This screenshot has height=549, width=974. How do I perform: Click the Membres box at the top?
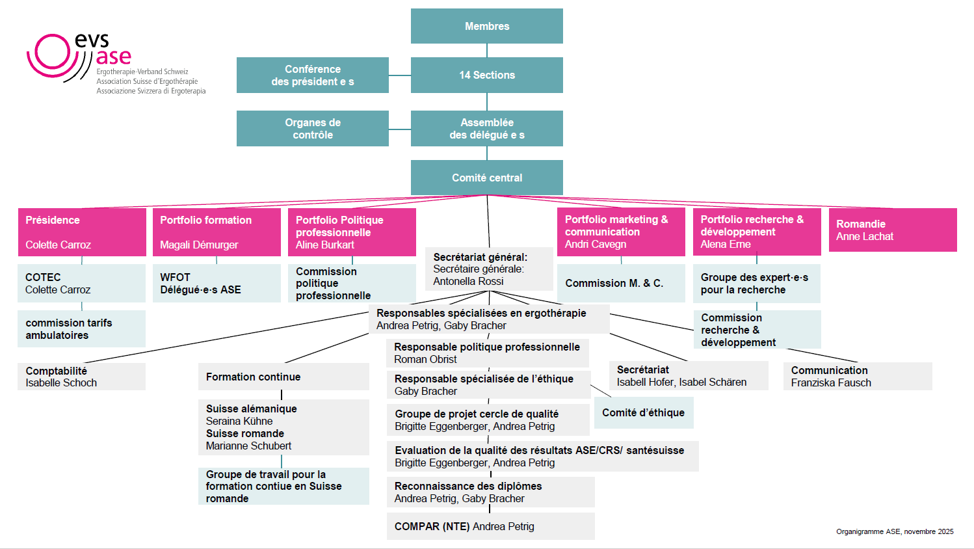click(x=486, y=26)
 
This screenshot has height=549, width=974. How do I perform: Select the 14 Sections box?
click(x=486, y=75)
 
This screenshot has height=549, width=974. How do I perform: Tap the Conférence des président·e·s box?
click(x=313, y=75)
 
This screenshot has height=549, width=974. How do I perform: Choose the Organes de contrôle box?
click(x=313, y=129)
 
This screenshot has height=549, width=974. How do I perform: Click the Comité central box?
click(x=486, y=178)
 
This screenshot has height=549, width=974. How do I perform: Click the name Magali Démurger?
click(x=199, y=245)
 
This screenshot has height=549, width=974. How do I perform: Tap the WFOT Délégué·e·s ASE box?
click(x=216, y=284)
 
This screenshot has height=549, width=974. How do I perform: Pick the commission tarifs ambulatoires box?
click(x=81, y=329)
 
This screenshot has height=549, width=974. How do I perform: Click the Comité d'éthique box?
click(x=643, y=413)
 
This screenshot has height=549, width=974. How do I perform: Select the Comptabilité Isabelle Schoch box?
click(x=81, y=377)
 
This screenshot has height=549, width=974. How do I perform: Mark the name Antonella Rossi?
click(x=468, y=282)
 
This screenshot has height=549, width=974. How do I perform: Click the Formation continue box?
click(x=283, y=377)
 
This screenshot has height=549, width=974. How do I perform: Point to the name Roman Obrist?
click(x=425, y=360)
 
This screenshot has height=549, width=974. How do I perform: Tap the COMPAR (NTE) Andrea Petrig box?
click(x=490, y=527)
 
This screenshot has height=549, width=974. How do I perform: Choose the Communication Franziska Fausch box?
click(x=857, y=377)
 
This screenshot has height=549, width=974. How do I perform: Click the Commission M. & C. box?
click(x=620, y=284)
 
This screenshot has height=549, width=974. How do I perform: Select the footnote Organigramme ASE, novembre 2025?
click(x=895, y=531)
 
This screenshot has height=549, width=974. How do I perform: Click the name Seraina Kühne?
click(x=239, y=422)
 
